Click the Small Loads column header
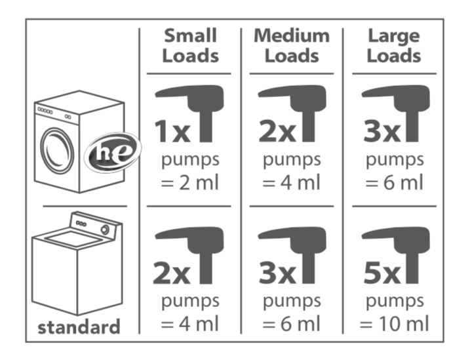[x=190, y=46]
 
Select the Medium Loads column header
[x=292, y=46]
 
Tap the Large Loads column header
[x=394, y=46]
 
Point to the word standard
[x=79, y=327]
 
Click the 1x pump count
[x=172, y=131]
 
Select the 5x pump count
[x=382, y=273]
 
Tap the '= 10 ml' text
[x=395, y=323]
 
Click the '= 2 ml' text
[x=189, y=182]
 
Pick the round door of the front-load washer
[x=57, y=151]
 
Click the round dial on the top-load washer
[x=105, y=230]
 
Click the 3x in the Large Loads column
[x=382, y=131]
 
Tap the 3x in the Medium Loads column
[x=277, y=273]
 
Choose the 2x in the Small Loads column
[x=172, y=273]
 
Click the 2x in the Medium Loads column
[x=277, y=131]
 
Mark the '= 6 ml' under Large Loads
[x=395, y=182]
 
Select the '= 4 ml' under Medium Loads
[x=291, y=182]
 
